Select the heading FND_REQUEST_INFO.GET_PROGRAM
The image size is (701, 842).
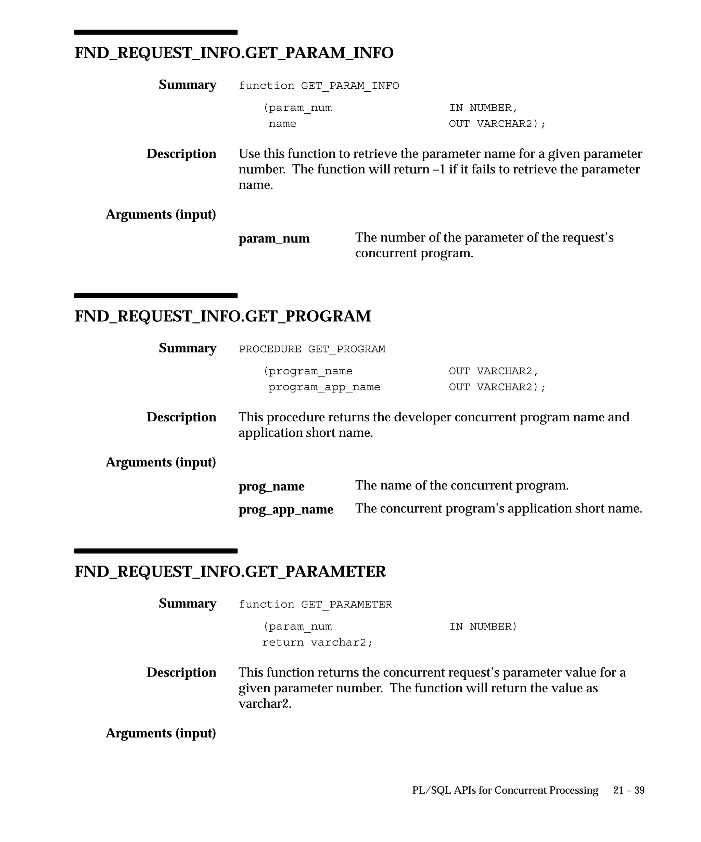(x=223, y=317)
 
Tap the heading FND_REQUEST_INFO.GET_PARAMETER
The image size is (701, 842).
(x=230, y=571)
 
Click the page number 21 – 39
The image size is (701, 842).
(x=628, y=790)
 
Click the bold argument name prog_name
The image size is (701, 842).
(x=271, y=486)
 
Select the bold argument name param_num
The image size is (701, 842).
(x=274, y=238)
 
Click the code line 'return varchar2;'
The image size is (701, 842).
(x=317, y=643)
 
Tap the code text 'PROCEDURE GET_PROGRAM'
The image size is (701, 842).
(x=311, y=349)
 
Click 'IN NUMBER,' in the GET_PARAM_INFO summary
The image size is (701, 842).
(x=483, y=108)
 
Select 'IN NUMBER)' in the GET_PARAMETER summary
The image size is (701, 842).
(x=483, y=627)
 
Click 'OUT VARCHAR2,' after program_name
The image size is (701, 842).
(x=494, y=371)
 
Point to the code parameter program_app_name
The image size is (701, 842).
(x=324, y=387)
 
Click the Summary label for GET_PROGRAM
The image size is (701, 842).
(x=187, y=348)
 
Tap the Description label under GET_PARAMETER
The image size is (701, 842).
(x=181, y=672)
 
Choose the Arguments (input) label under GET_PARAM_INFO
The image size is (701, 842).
(x=161, y=214)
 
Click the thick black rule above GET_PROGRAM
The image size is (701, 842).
(x=155, y=296)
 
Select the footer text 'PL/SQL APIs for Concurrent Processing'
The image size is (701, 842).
(x=505, y=790)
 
